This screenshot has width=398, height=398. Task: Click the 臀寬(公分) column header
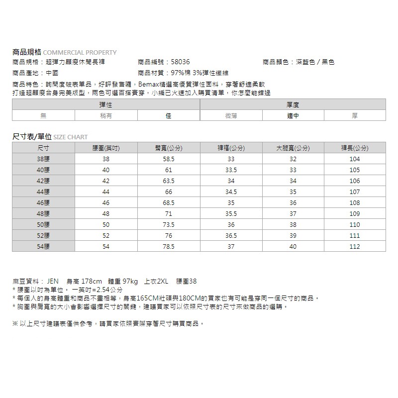tap(168, 148)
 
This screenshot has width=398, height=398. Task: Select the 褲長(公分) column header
tap(355, 148)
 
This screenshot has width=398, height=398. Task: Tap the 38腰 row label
tap(43, 159)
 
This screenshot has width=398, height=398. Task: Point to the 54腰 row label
tap(43, 247)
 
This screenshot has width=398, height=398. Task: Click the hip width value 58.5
tap(168, 159)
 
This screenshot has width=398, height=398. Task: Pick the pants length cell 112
tap(355, 247)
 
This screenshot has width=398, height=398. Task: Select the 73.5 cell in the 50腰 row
tap(168, 225)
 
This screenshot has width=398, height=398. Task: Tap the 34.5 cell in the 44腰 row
tap(231, 192)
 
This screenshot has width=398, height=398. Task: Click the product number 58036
tap(180, 62)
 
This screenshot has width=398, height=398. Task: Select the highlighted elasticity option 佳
tap(168, 115)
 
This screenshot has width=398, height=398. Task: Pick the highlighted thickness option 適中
tap(293, 115)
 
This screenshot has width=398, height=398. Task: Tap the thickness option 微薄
tap(231, 115)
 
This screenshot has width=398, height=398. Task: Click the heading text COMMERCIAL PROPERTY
tap(80, 52)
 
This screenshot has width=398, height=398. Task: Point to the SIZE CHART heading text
tap(70, 137)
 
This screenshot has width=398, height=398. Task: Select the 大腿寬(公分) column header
tap(293, 148)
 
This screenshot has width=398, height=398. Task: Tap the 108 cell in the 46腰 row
tap(355, 203)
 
